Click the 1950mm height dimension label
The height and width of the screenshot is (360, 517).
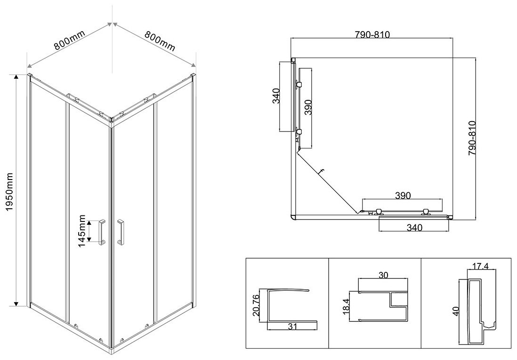pyautogui.click(x=8, y=192)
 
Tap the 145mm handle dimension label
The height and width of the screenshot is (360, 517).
pyautogui.click(x=82, y=232)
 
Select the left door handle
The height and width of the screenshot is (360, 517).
pyautogui.click(x=102, y=232)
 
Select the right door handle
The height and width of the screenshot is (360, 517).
pyautogui.click(x=121, y=232)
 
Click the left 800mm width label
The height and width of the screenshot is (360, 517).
pyautogui.click(x=70, y=40)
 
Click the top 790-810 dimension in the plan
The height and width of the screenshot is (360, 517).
pyautogui.click(x=372, y=34)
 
